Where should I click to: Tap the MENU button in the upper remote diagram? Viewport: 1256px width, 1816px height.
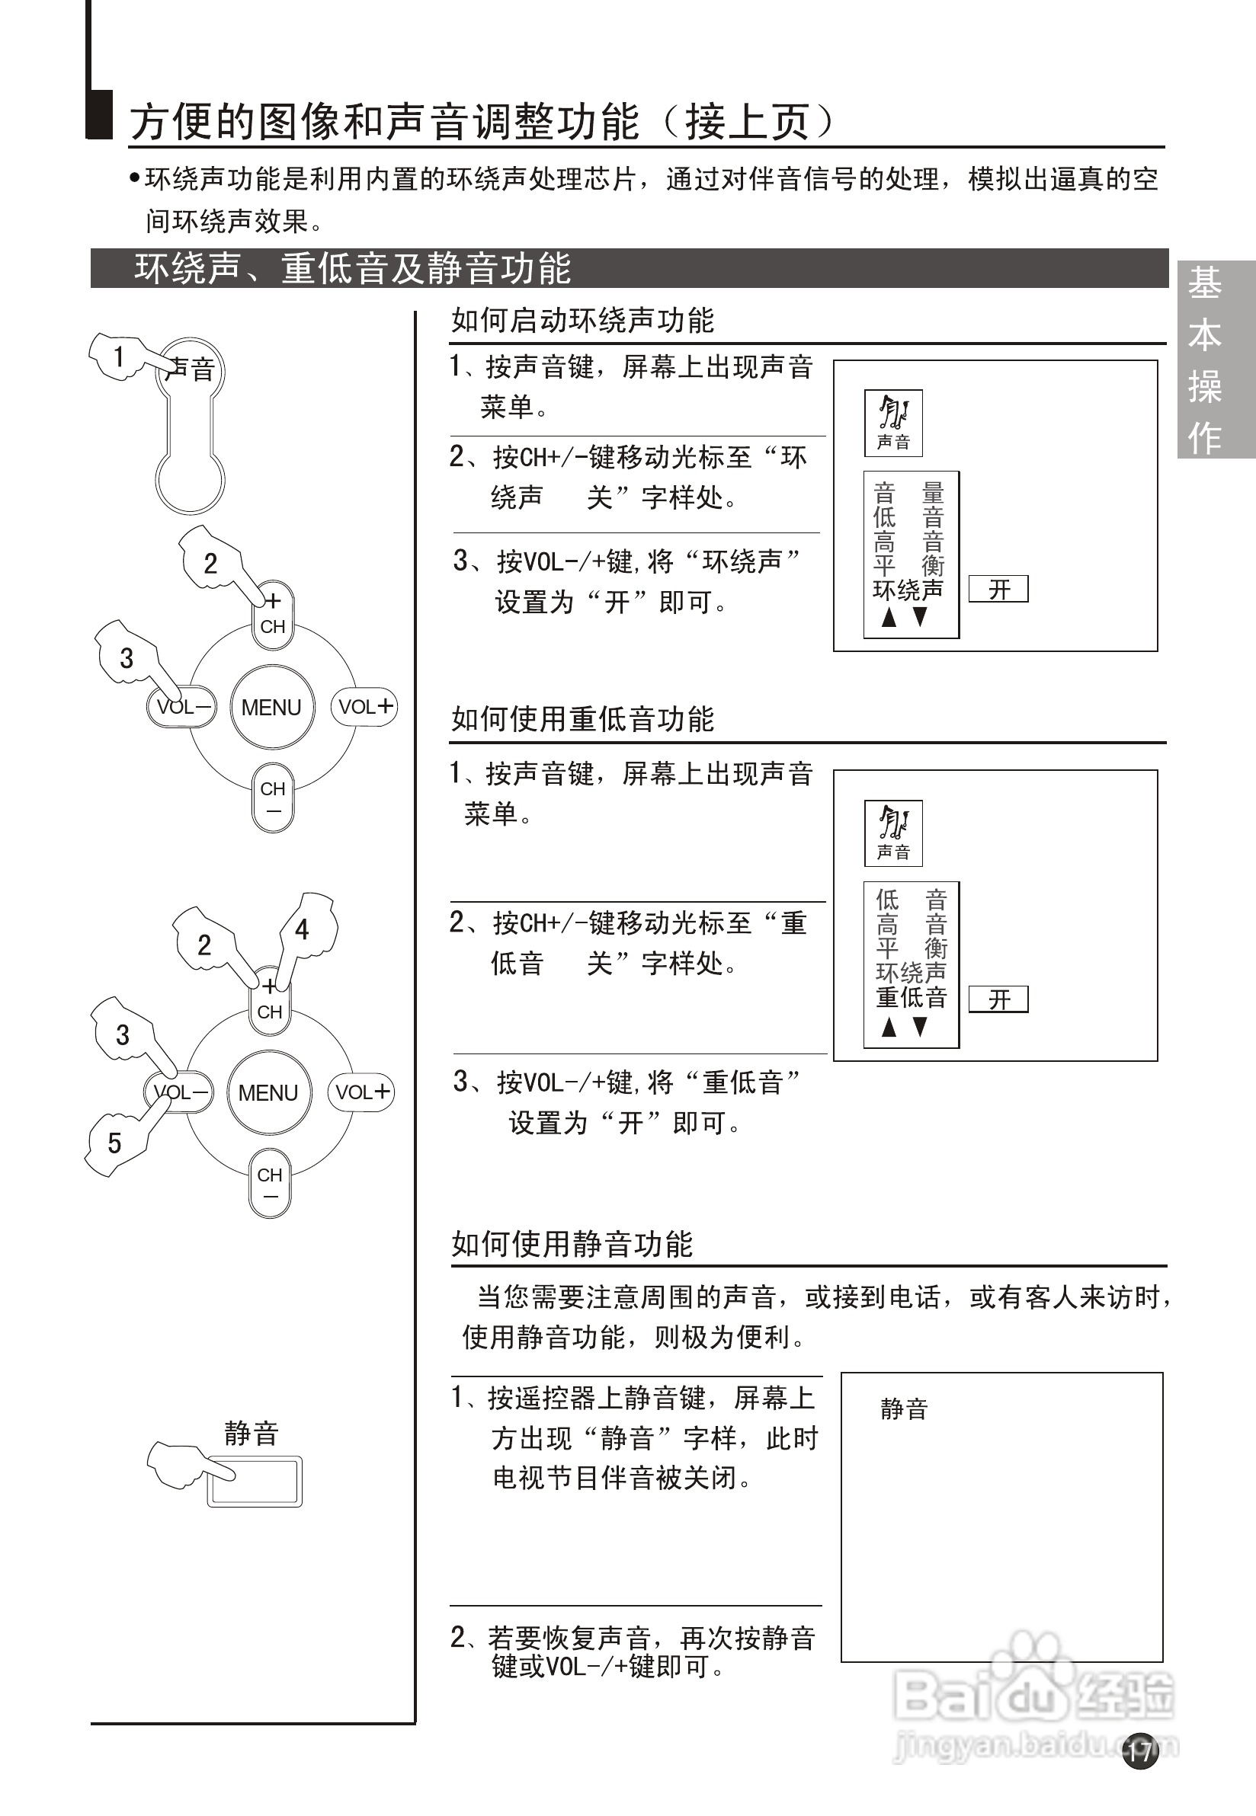(271, 707)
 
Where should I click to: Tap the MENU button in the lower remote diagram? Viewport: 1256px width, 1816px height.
(268, 1092)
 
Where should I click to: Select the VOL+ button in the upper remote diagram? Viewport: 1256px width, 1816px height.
(364, 706)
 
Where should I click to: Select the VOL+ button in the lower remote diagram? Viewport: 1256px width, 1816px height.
(361, 1092)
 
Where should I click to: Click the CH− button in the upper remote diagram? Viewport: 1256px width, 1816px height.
(273, 798)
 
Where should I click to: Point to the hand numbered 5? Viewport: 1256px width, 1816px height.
(117, 1143)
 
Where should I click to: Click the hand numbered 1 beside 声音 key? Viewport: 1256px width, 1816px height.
(120, 357)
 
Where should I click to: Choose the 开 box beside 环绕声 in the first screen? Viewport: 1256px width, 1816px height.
(998, 589)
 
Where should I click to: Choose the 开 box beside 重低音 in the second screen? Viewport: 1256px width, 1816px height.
(998, 999)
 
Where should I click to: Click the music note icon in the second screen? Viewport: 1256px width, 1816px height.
(894, 823)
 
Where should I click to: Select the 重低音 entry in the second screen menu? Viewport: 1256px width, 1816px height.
(912, 997)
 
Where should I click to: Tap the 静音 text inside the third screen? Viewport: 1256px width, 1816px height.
(904, 1408)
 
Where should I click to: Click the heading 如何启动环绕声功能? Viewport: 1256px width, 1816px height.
(582, 320)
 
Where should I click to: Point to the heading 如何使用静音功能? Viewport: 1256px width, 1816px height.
(572, 1244)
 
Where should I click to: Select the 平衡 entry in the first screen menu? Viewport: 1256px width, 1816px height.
(909, 564)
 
